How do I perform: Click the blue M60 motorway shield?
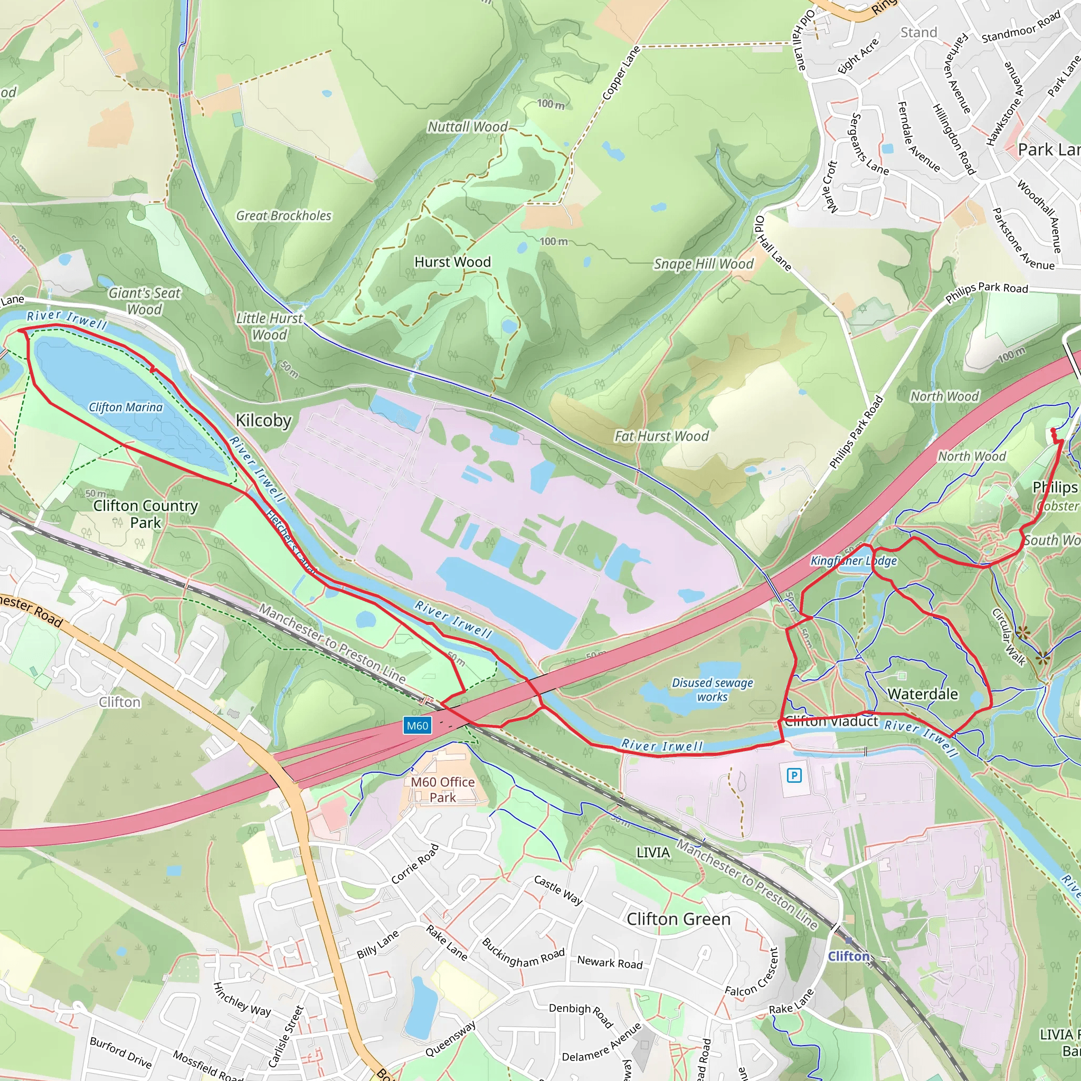[418, 726]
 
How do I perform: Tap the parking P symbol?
[794, 775]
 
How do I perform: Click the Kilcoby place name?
[263, 420]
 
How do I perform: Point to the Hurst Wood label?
[452, 262]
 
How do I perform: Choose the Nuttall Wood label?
[468, 127]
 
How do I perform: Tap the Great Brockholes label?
[283, 215]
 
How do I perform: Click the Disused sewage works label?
[712, 689]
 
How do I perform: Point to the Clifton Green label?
[678, 919]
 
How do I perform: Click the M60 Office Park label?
[442, 790]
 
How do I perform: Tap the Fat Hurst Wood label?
[661, 436]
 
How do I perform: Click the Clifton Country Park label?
[146, 514]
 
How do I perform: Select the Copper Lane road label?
[621, 73]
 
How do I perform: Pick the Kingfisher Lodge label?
[854, 561]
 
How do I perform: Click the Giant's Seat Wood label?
[144, 301]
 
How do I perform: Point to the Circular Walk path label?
[1009, 637]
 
